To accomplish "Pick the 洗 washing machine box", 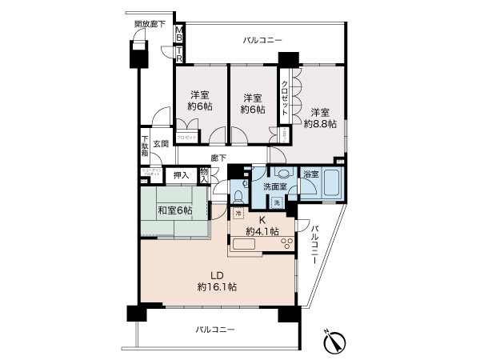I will tap(276, 203).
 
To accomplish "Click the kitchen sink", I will tap(242, 245).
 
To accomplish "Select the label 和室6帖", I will tap(174, 210).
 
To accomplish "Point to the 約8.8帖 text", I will tap(319, 125).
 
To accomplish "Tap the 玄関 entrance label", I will tap(161, 144).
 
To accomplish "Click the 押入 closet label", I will tap(181, 175).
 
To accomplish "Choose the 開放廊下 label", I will tap(150, 25).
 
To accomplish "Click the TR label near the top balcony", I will tap(179, 55).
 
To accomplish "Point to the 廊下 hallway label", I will tap(218, 157).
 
